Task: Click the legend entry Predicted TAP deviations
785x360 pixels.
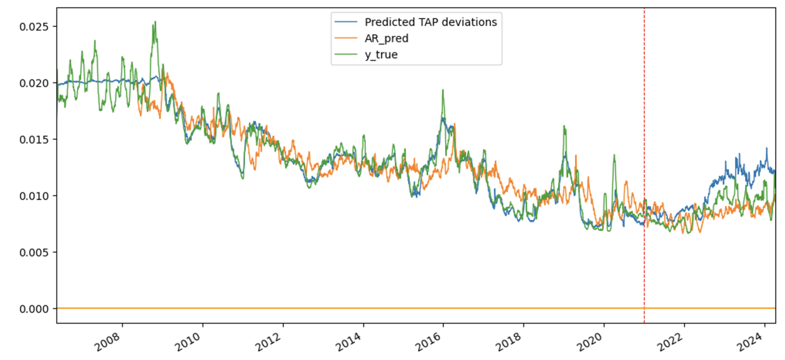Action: pyautogui.click(x=430, y=22)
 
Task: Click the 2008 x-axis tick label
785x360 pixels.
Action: pyautogui.click(x=107, y=340)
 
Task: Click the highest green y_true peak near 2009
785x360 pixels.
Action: pyautogui.click(x=155, y=22)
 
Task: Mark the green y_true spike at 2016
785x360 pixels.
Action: pyautogui.click(x=442, y=90)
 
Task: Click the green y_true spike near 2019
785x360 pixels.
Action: pyautogui.click(x=564, y=126)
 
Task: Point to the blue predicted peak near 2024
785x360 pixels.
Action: pyautogui.click(x=766, y=148)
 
